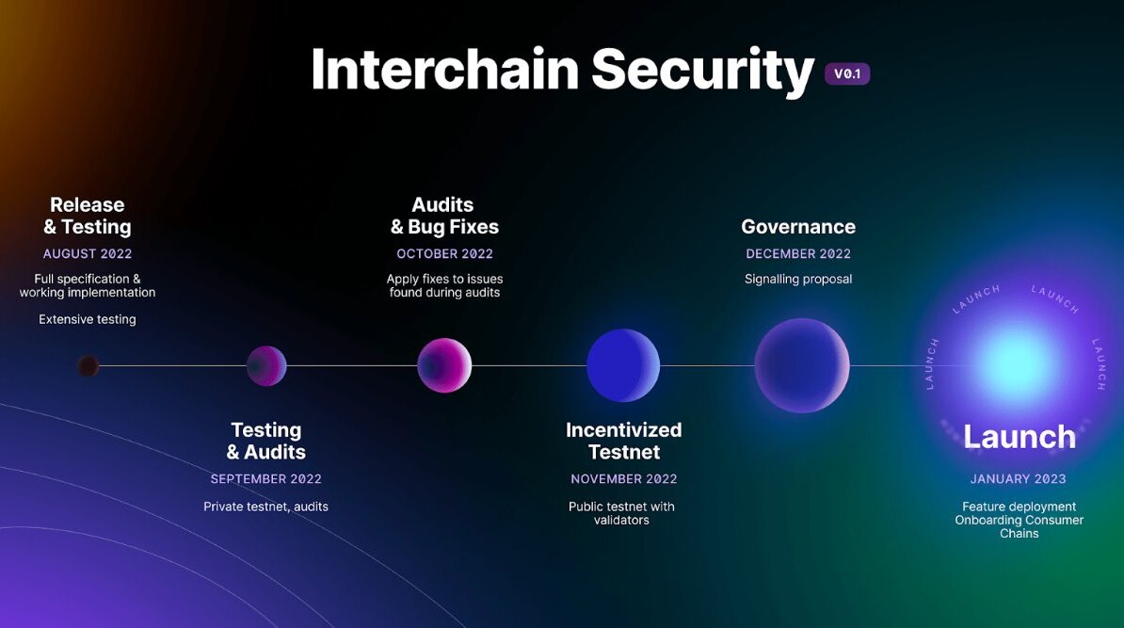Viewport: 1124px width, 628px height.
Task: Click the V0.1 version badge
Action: pos(847,73)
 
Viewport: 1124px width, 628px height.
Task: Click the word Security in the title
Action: pos(702,70)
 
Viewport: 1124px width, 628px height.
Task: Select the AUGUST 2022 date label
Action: pos(88,253)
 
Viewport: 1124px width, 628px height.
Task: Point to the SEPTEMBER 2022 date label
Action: pos(266,479)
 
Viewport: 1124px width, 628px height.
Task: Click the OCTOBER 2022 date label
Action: pos(444,253)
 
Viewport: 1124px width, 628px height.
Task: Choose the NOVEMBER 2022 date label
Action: pos(623,479)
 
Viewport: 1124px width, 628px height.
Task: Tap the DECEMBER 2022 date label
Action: pos(798,253)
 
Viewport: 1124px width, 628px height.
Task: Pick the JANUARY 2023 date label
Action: pos(1019,479)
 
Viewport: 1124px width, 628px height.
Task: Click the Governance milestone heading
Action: pos(798,227)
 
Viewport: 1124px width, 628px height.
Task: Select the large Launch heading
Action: pos(1020,437)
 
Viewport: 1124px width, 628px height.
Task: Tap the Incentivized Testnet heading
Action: pos(623,441)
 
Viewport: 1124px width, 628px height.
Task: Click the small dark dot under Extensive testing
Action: pos(88,366)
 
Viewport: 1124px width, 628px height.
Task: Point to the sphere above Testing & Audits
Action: pos(266,366)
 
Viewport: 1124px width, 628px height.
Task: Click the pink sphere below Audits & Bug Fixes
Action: pos(444,365)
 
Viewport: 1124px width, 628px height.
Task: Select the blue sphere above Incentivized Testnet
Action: pos(623,365)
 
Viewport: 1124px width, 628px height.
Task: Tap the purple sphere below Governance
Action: pos(802,365)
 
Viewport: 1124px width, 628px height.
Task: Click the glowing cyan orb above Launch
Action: pos(1018,362)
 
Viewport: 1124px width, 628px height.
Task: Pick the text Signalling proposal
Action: pos(798,280)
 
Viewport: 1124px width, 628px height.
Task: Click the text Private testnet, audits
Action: pos(266,507)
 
